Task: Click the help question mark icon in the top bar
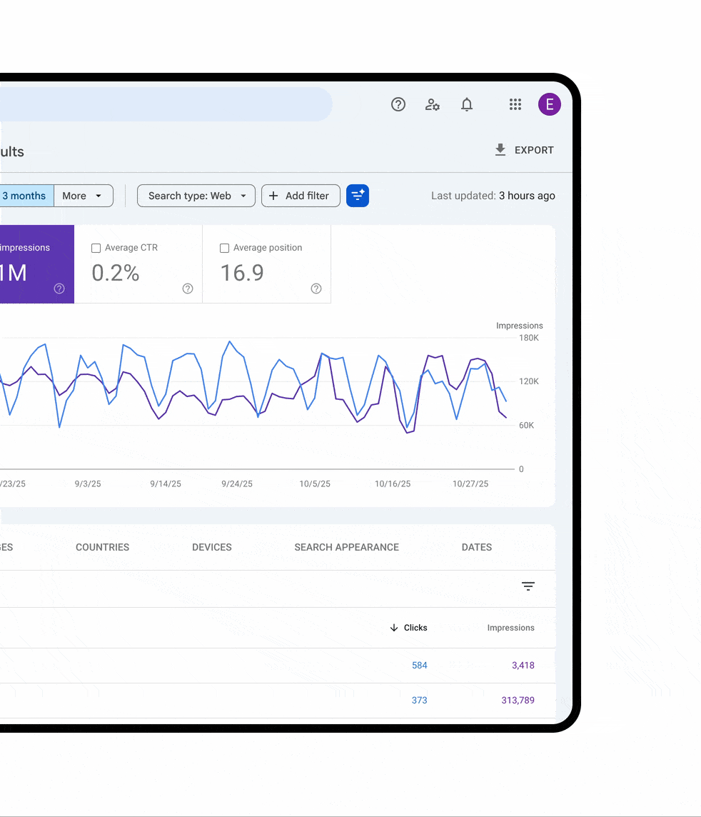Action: click(x=398, y=104)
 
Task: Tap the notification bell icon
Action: click(x=467, y=105)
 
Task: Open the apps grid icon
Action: click(x=515, y=104)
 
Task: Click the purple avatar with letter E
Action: click(x=549, y=104)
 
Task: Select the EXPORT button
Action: click(x=525, y=150)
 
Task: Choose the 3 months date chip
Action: click(x=24, y=196)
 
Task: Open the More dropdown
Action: click(x=83, y=196)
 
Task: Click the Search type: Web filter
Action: click(x=196, y=196)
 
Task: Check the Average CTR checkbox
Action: click(x=96, y=249)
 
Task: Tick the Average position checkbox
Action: click(x=225, y=249)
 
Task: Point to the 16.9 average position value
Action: click(x=242, y=273)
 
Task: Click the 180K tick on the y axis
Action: click(x=529, y=338)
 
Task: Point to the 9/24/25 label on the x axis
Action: click(x=237, y=483)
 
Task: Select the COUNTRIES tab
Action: click(x=103, y=547)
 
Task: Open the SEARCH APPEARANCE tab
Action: click(x=347, y=547)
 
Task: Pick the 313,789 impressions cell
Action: click(x=518, y=700)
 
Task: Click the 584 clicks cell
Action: click(x=420, y=665)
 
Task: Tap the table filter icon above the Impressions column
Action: click(x=528, y=586)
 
